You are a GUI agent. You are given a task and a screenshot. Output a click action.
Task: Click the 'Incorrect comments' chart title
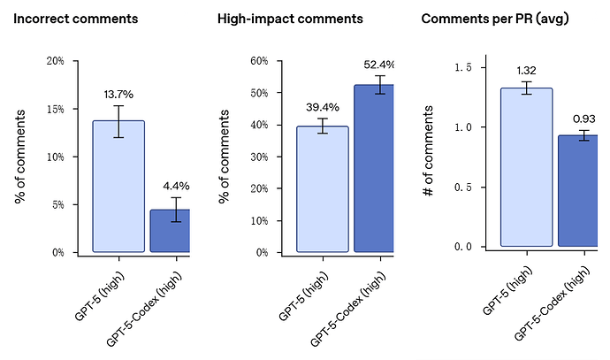click(x=76, y=19)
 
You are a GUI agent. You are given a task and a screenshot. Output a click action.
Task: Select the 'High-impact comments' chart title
click(x=290, y=19)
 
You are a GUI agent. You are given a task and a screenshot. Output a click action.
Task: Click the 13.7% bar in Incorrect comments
click(x=118, y=186)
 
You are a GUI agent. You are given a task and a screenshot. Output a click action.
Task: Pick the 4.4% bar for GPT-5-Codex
click(x=171, y=230)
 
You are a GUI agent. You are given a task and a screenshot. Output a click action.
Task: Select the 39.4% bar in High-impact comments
click(x=322, y=188)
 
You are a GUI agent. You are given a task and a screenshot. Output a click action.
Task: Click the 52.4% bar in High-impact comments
click(x=374, y=168)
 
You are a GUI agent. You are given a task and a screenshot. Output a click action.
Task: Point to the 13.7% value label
click(x=118, y=94)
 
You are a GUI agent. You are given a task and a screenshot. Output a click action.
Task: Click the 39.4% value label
click(x=322, y=106)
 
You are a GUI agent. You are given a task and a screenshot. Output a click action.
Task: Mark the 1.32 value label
click(x=526, y=70)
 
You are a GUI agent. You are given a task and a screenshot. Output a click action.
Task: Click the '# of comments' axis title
click(x=428, y=150)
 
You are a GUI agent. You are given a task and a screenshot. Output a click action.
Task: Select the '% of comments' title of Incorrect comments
click(x=20, y=157)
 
